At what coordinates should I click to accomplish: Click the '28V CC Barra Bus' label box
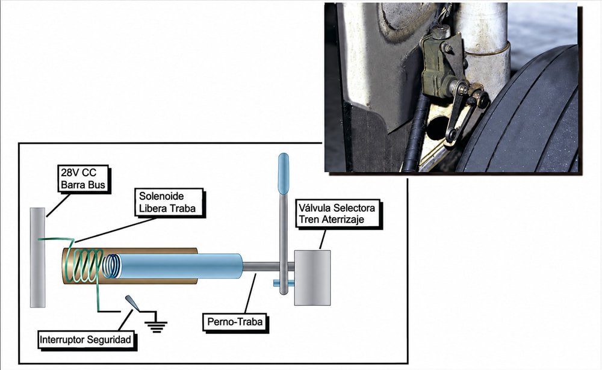[83, 179]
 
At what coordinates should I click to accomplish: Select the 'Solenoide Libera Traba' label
[168, 202]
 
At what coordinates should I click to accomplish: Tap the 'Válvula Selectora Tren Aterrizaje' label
[338, 214]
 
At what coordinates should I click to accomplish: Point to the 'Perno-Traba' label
[235, 322]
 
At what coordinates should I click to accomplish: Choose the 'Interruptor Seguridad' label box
[85, 340]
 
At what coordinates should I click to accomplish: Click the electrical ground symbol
[155, 325]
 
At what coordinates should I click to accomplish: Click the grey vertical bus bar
[37, 257]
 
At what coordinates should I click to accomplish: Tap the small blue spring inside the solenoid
[111, 266]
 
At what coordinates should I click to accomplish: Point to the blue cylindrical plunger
[181, 266]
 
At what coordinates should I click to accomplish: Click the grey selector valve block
[312, 278]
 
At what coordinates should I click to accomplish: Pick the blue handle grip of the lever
[284, 173]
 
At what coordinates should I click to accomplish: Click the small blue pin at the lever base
[284, 283]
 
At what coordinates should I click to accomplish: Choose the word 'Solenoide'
[161, 196]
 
